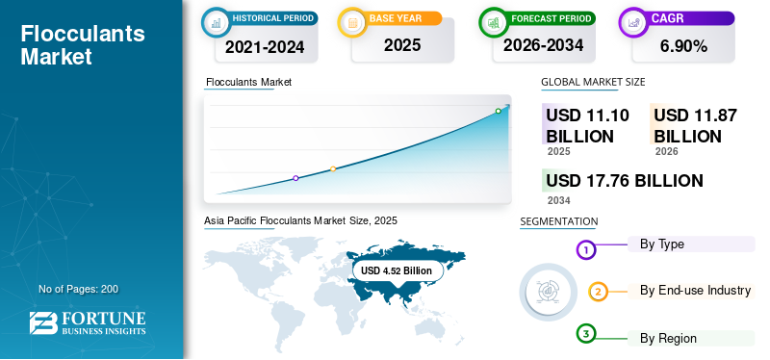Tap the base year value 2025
[395, 45]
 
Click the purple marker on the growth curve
[295, 178]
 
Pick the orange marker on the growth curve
[333, 169]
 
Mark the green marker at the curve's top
[498, 112]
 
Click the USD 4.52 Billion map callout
[397, 271]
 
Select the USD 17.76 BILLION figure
[624, 181]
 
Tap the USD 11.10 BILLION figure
[587, 126]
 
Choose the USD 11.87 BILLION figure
[695, 126]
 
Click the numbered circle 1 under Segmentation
[586, 250]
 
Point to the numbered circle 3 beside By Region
[586, 334]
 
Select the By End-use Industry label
[695, 291]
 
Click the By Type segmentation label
[662, 244]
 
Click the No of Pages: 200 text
[78, 289]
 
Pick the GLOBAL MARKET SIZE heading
[593, 83]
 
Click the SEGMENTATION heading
[558, 222]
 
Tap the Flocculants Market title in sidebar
[83, 45]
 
